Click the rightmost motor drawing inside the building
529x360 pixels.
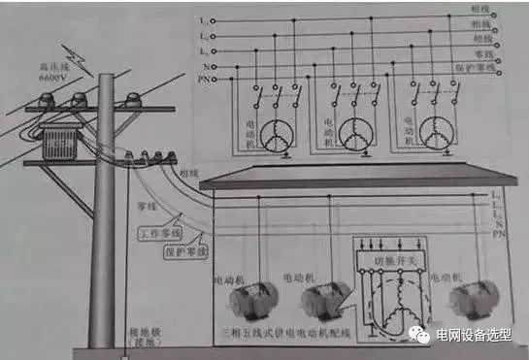click(x=476, y=303)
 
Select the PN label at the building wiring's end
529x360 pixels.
click(x=498, y=234)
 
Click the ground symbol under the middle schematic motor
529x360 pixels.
click(x=363, y=152)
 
